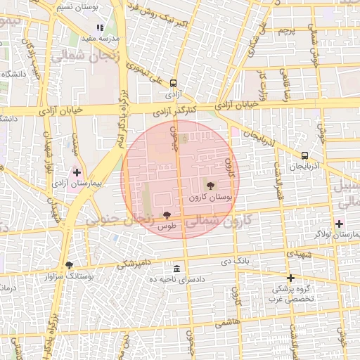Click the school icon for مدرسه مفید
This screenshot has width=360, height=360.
tap(100, 28)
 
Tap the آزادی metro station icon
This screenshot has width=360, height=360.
tap(173, 82)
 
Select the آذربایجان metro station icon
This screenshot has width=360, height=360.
tap(304, 155)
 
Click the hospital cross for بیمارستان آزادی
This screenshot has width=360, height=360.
tap(77, 172)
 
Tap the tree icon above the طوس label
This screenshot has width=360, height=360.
tap(167, 215)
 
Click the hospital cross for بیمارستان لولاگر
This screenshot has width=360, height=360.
tap(340, 224)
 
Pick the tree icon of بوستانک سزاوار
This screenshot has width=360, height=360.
tap(69, 265)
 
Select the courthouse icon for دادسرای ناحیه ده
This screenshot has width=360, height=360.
tap(176, 269)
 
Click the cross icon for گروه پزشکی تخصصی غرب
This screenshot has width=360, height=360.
tap(290, 278)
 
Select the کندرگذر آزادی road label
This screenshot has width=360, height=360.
tap(173, 112)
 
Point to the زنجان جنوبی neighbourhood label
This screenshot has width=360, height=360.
tap(119, 220)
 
